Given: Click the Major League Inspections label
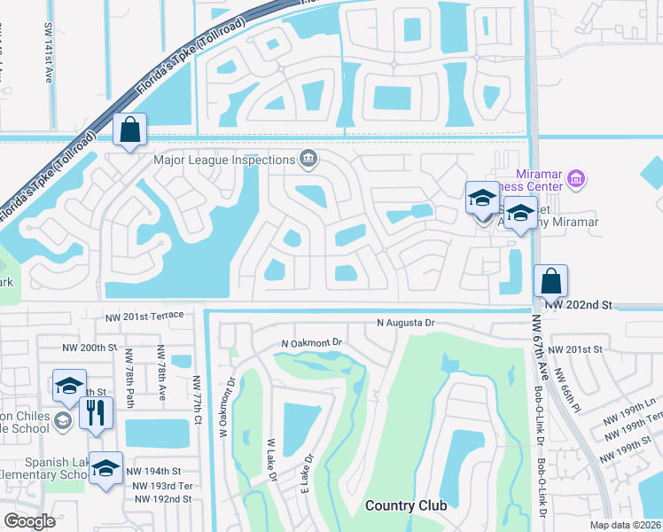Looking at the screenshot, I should click(223, 160).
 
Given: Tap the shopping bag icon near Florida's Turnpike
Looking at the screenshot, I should click(129, 129).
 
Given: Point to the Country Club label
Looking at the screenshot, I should click(405, 506).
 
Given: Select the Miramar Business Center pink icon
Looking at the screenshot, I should click(575, 180).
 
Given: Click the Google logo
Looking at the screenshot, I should click(30, 521).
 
